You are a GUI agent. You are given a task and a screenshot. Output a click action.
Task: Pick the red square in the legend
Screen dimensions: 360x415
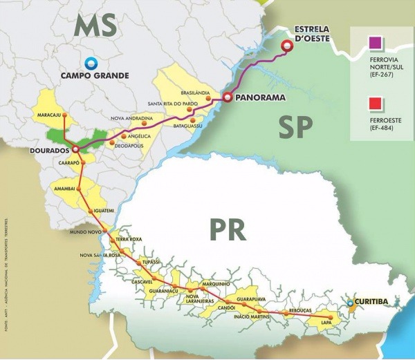377,104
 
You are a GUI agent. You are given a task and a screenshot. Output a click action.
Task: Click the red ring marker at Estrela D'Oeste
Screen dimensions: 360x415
286,46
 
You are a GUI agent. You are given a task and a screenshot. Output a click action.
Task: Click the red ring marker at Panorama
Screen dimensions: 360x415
226,98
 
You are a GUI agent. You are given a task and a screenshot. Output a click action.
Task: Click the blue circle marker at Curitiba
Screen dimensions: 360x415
350,302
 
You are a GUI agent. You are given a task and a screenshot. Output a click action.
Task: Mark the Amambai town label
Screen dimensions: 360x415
66,187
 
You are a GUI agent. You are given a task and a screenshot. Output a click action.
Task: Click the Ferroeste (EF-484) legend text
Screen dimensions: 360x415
385,124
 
